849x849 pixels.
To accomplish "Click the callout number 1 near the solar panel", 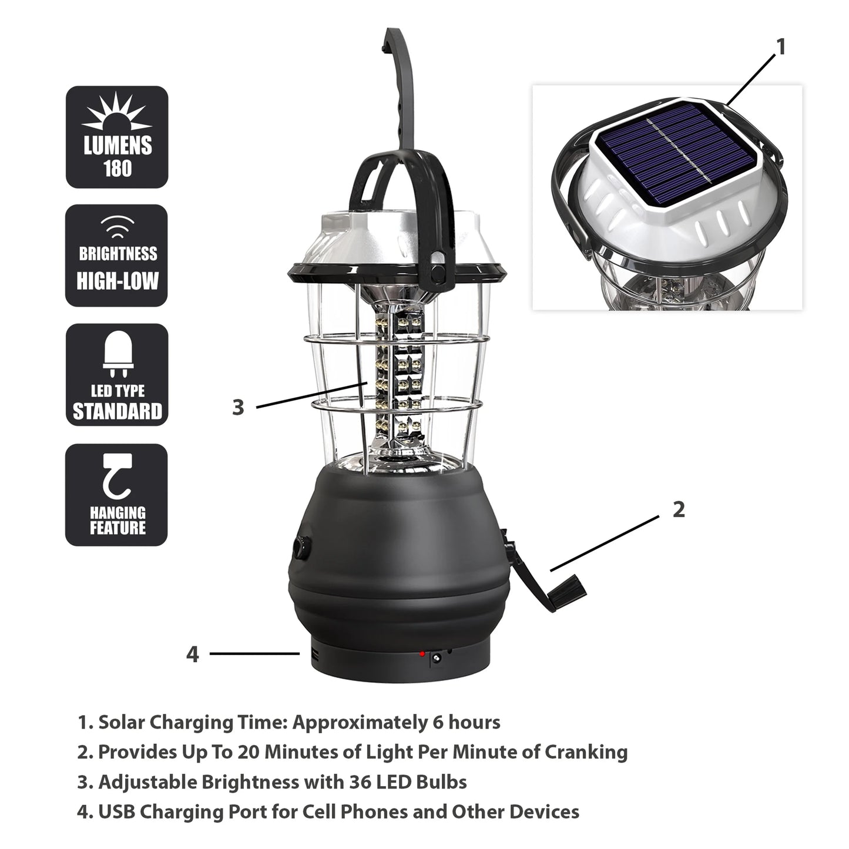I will point(780,47).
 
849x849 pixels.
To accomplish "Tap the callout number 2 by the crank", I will point(679,509).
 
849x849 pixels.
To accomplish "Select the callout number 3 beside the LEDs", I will point(238,407).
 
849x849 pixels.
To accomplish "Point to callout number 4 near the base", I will point(193,654).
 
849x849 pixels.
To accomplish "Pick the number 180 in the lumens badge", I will point(118,169).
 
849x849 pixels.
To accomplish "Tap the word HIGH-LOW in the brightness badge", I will point(118,280).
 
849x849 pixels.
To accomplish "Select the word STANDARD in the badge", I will point(118,411).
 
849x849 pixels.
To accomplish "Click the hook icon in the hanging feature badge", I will point(116,477).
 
